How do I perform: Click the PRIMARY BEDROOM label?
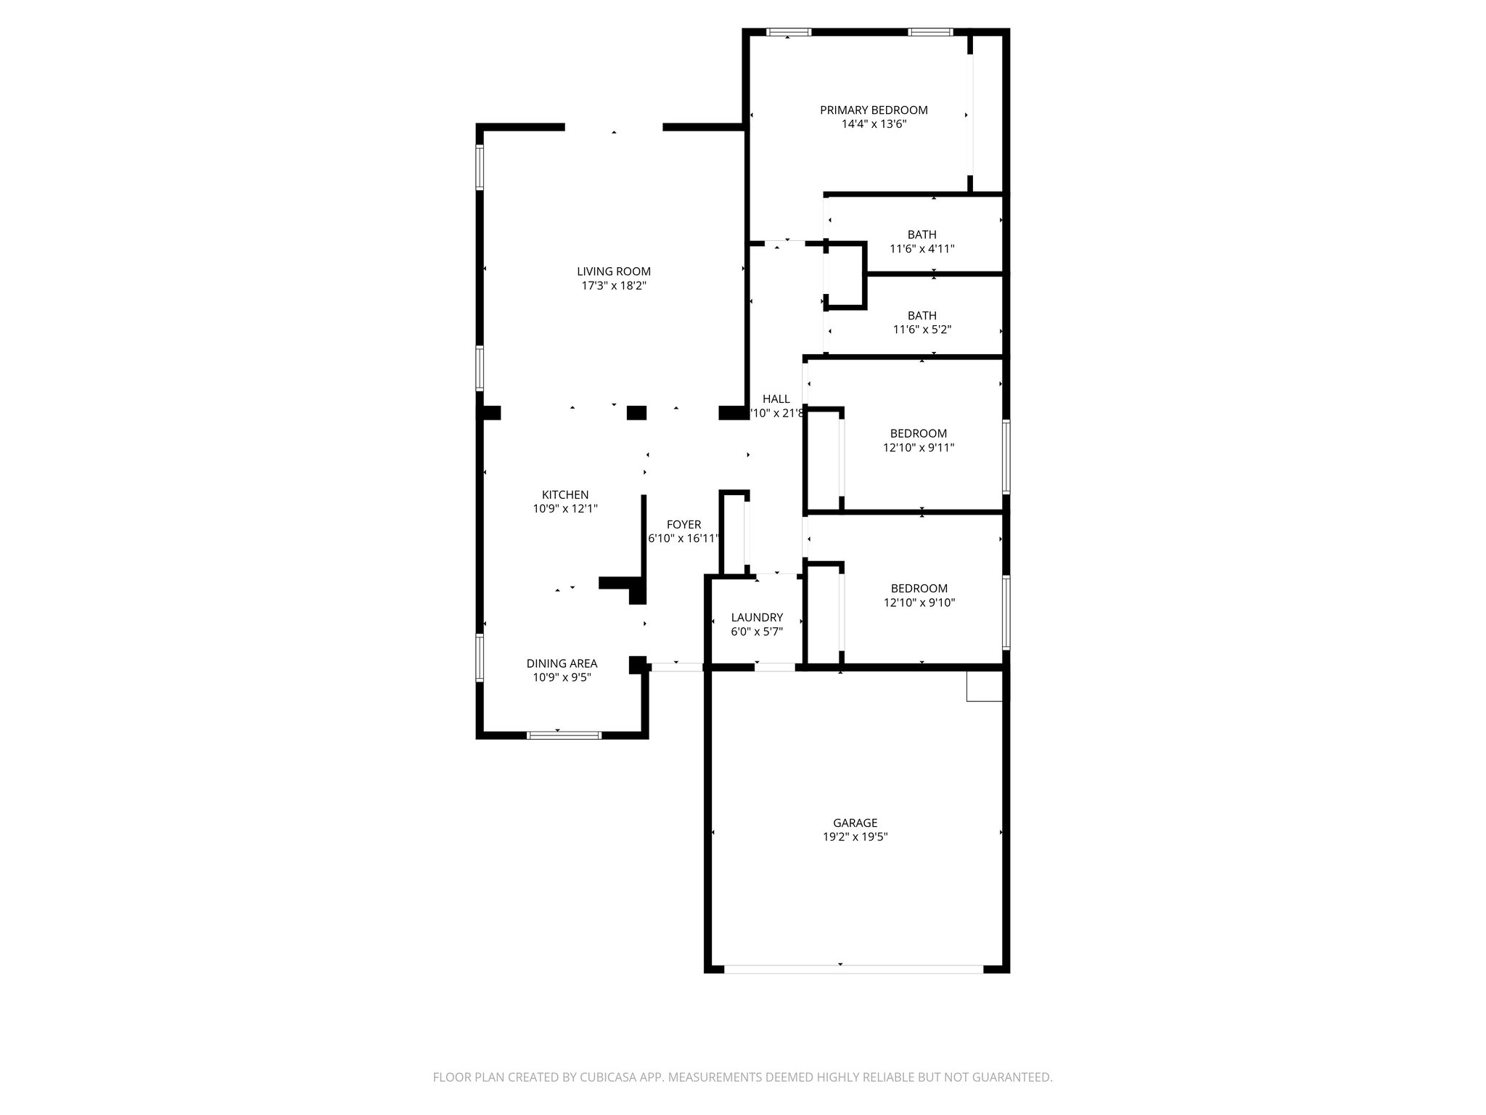click(874, 110)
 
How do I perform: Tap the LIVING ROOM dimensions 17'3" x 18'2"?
click(614, 286)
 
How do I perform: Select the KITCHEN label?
click(565, 495)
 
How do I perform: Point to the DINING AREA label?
click(562, 663)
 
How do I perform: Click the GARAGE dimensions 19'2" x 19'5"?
click(855, 837)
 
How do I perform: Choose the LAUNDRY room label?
click(757, 618)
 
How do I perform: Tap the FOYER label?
click(684, 525)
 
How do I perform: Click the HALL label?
click(776, 399)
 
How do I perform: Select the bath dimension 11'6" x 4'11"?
click(921, 249)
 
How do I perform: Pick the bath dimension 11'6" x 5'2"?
click(921, 330)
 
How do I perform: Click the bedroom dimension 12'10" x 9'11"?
click(918, 448)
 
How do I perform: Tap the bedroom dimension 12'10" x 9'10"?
click(919, 603)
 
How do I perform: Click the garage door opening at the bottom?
click(853, 968)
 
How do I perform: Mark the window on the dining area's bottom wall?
click(564, 735)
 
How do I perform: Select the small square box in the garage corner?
click(984, 686)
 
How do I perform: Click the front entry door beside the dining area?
click(676, 667)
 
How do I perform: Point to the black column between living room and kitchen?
click(636, 413)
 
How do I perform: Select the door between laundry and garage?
click(775, 667)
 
